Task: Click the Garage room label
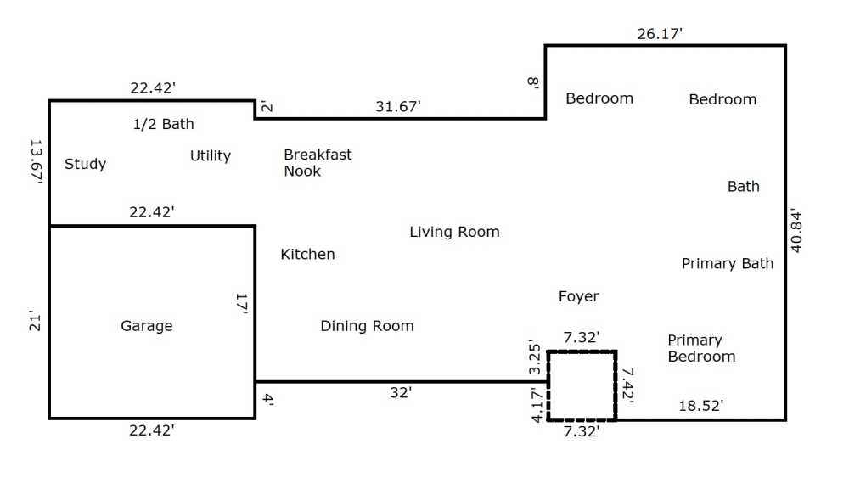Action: click(x=147, y=325)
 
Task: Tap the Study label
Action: click(x=85, y=164)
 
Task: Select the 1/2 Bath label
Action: click(x=163, y=124)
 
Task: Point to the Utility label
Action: click(x=210, y=156)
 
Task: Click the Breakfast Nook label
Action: click(x=318, y=162)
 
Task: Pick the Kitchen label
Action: click(x=307, y=254)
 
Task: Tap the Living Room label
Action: click(x=454, y=232)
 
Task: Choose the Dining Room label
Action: click(x=367, y=325)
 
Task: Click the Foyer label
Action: click(x=579, y=296)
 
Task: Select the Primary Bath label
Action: click(x=728, y=264)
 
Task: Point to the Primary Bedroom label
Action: click(x=701, y=348)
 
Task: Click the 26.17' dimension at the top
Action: click(x=660, y=34)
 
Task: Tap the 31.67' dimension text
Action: click(x=398, y=107)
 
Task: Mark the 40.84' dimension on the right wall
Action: click(x=796, y=230)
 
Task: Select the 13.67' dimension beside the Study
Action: click(x=36, y=162)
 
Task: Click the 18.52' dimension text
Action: click(x=701, y=406)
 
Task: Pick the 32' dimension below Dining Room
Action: click(x=401, y=392)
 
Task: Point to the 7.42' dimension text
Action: click(x=627, y=384)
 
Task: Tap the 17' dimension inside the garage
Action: click(x=241, y=303)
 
